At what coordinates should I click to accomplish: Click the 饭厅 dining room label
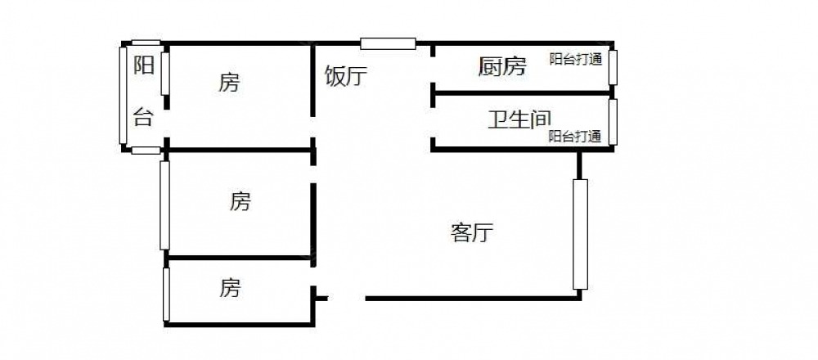point(346,76)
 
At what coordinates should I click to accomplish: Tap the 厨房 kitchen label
point(501,66)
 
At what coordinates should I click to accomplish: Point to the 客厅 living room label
point(472,233)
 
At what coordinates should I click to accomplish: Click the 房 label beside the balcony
point(229,82)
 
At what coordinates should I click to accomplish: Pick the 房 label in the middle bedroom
point(240,200)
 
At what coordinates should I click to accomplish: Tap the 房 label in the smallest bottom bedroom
point(230,287)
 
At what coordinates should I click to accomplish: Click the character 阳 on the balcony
point(144,65)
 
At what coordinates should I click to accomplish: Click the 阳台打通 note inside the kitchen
point(576,59)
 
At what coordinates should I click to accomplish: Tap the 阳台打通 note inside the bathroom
point(575,137)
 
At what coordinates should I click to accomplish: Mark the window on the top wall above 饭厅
point(388,43)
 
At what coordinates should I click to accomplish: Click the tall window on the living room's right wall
point(580,234)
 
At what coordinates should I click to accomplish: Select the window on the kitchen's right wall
point(612,67)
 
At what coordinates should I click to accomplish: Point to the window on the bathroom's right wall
point(612,121)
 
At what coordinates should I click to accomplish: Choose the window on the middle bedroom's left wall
point(164,205)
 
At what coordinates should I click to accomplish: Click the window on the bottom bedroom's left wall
point(165,295)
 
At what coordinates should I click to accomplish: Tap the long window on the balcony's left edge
point(123,96)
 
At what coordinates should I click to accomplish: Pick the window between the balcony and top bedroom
point(164,74)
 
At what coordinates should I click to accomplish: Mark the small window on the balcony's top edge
point(146,43)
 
